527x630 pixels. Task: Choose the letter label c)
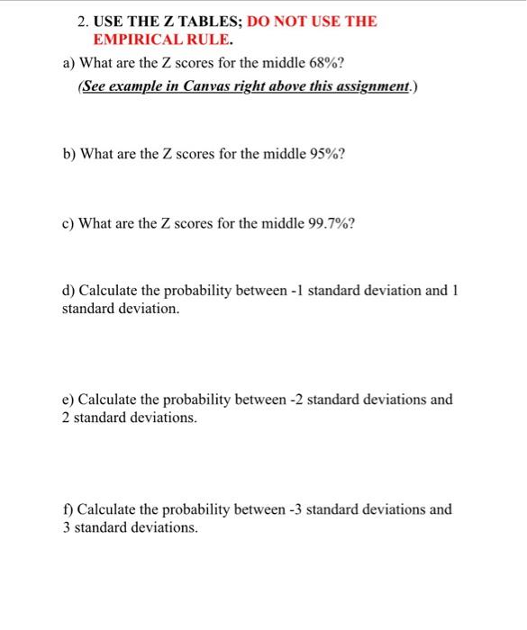[68, 222]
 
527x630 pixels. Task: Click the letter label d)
[68, 291]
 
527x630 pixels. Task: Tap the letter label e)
[68, 399]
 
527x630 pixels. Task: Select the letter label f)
[68, 509]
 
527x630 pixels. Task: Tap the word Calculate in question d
[111, 291]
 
